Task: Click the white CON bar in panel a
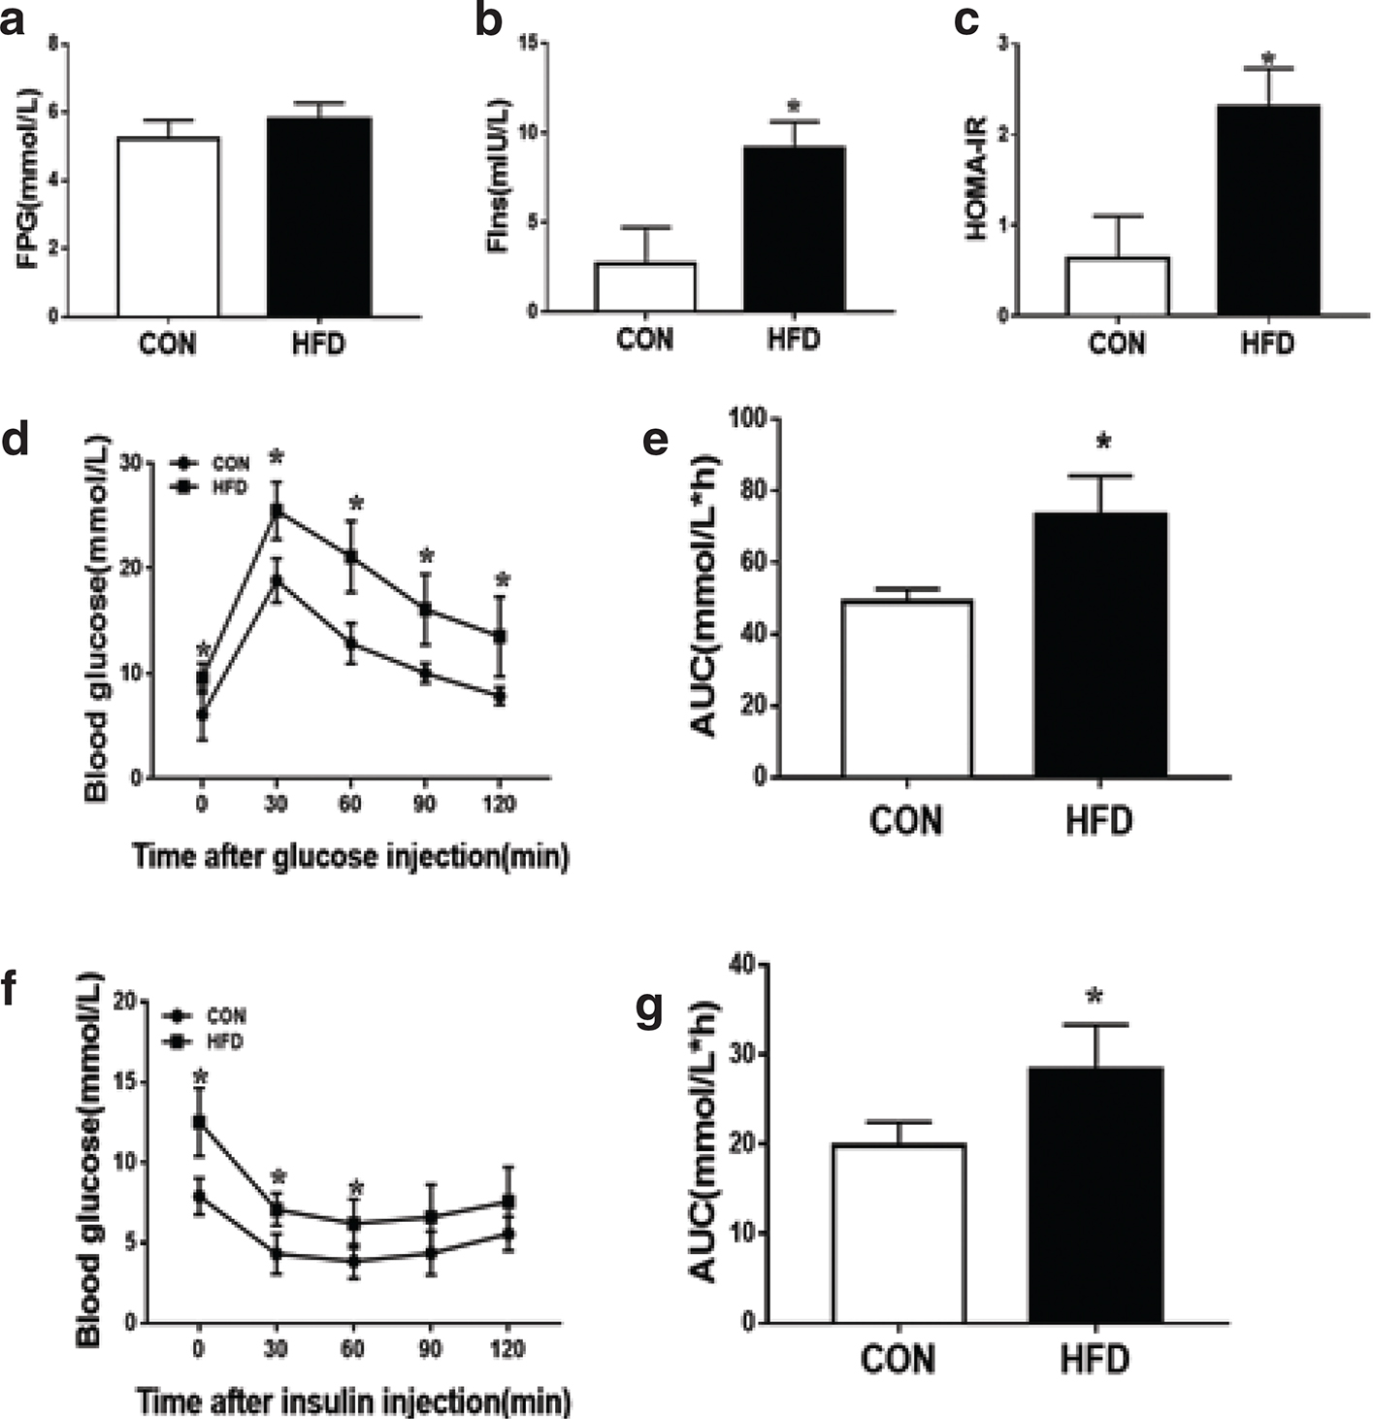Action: tap(168, 227)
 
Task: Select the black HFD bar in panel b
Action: tap(794, 229)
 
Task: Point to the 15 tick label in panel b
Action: tap(529, 44)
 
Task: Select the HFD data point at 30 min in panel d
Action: tap(277, 510)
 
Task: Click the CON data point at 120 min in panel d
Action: tap(500, 696)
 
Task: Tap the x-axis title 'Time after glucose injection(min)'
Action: tap(350, 857)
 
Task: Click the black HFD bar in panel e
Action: tap(1099, 644)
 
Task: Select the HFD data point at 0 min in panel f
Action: tap(200, 1121)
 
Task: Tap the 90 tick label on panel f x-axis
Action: tap(430, 1349)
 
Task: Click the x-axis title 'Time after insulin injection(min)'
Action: tap(352, 1402)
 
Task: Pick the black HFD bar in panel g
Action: tap(1095, 1194)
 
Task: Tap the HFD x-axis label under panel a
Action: tap(317, 344)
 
